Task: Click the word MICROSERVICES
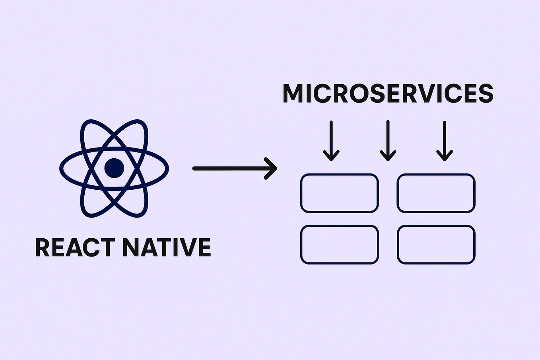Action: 388,93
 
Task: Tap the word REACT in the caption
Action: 75,247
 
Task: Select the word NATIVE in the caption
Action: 167,247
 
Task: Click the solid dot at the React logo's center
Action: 114,168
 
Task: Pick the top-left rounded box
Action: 340,193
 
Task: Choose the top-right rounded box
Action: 436,193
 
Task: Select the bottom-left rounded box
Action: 340,244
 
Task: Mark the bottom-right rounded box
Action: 436,244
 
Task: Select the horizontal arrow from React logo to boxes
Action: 235,168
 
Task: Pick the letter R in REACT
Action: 43,247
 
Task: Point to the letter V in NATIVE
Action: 186,247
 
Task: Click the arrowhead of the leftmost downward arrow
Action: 331,156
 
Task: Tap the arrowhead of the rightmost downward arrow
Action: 445,156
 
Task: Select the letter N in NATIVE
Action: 130,247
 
